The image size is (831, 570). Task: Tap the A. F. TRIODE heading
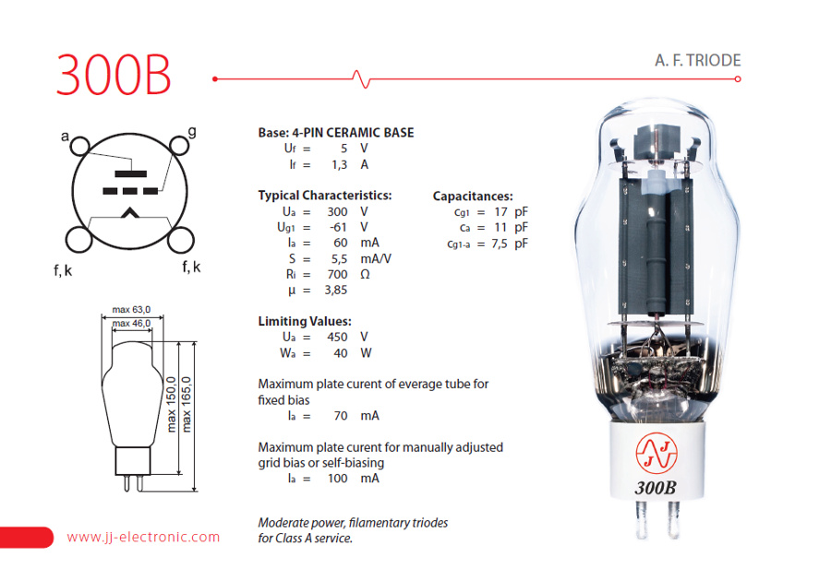(697, 61)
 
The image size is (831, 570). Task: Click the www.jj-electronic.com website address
(143, 537)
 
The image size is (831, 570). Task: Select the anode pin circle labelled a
(80, 147)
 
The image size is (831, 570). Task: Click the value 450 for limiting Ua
(337, 337)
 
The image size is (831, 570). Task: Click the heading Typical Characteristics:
(324, 196)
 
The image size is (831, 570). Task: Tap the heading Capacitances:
(472, 196)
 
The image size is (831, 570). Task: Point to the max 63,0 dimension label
(131, 309)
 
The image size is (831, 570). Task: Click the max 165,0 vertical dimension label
(187, 403)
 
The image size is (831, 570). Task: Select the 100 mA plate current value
(338, 478)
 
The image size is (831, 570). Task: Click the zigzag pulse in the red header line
(361, 79)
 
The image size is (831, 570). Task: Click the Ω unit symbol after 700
(365, 274)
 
